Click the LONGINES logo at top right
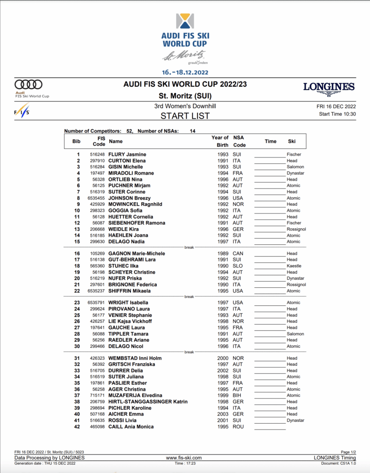click(x=329, y=88)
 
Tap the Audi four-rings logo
click(x=29, y=85)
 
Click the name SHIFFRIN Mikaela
click(x=130, y=291)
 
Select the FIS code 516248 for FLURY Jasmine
click(x=97, y=154)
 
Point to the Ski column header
click(x=292, y=141)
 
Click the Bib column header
click(x=77, y=141)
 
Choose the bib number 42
click(x=78, y=427)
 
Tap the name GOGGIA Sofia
click(x=125, y=211)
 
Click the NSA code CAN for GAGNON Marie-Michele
click(x=238, y=254)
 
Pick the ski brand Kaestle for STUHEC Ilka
click(x=294, y=266)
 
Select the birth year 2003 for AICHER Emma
click(x=223, y=414)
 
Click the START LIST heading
click(x=185, y=116)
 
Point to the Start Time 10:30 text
click(x=337, y=114)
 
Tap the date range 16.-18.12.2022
click(x=185, y=72)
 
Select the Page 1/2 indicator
click(x=348, y=452)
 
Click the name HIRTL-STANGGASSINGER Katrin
click(x=148, y=402)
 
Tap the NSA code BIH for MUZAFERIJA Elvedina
click(x=238, y=395)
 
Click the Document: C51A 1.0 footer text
click(x=339, y=463)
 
